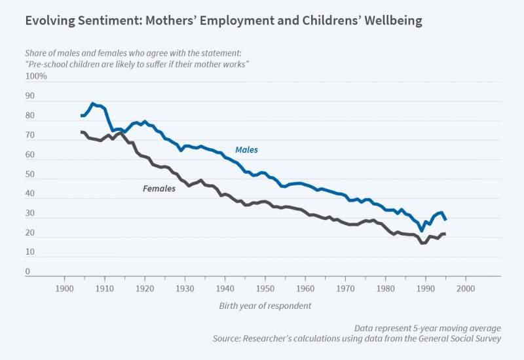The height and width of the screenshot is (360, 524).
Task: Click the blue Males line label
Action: [246, 150]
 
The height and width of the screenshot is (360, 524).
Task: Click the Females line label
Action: [159, 189]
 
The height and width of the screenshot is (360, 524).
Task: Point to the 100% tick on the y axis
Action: [36, 77]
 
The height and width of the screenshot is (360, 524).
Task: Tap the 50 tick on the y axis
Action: [30, 175]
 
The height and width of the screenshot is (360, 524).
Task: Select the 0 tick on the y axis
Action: [28, 272]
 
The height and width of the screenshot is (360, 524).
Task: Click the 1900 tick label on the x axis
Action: [64, 288]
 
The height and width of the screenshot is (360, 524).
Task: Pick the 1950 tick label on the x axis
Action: [265, 288]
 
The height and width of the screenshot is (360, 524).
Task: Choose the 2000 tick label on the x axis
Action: [466, 288]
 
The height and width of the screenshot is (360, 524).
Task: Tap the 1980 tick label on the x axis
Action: [385, 288]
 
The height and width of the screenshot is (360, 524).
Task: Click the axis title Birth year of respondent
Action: [265, 306]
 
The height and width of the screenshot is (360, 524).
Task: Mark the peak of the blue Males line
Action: [93, 103]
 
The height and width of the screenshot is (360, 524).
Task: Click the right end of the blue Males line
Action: [446, 220]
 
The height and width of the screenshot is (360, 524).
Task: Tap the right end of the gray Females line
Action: [445, 234]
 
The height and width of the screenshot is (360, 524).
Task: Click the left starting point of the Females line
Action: [81, 132]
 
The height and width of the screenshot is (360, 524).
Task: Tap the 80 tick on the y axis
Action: [30, 116]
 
